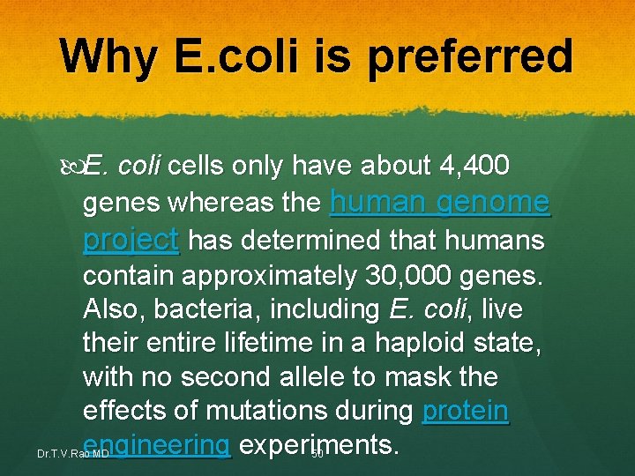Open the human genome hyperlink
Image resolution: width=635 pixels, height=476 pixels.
coord(439,203)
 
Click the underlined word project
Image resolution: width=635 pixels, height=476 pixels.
coord(131,240)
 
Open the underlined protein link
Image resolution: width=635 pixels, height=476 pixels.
coord(466,412)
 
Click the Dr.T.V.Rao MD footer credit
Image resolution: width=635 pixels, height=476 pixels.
coord(58,455)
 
